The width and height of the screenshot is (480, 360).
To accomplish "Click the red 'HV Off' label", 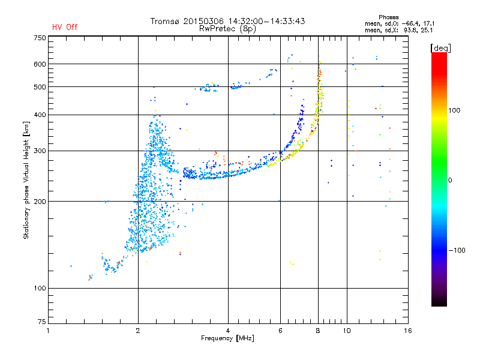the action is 65,27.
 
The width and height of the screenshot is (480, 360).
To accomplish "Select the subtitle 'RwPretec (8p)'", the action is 227,29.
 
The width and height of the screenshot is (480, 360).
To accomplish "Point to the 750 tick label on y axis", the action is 40,38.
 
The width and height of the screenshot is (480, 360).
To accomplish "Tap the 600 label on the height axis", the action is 40,64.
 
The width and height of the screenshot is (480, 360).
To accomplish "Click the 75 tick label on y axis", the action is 42,322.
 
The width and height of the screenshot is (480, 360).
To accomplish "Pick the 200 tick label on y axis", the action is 40,202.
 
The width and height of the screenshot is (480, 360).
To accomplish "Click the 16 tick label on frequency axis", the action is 408,331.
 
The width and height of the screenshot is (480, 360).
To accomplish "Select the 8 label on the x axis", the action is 318,331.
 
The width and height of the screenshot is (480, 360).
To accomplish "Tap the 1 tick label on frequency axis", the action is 48,331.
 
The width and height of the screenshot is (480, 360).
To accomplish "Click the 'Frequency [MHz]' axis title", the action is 227,338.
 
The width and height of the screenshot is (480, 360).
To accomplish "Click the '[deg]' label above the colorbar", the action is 440,48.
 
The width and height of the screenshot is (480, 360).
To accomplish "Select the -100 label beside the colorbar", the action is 457,250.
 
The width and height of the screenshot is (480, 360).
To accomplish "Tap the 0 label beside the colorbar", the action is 450,180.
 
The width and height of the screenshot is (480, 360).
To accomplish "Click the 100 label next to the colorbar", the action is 454,110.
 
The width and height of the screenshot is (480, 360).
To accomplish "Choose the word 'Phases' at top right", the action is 389,17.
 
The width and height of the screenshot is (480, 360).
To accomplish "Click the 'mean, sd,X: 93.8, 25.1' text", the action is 399,30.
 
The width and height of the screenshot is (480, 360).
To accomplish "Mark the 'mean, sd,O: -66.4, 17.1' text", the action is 400,23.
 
